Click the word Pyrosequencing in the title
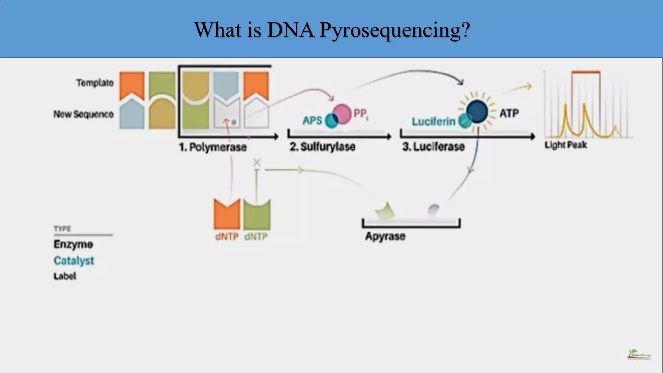(394, 30)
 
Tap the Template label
(95, 83)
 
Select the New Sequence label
(84, 114)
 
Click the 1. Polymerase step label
(213, 147)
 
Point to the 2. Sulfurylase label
(322, 147)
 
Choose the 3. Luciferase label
(433, 147)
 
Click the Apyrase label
(385, 236)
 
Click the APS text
(312, 120)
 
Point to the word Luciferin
(433, 121)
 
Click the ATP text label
(509, 113)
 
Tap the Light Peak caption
(566, 145)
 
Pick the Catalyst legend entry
(74, 261)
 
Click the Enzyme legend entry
(73, 244)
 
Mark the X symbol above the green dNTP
(257, 162)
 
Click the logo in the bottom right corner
(639, 355)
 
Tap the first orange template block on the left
(132, 85)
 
